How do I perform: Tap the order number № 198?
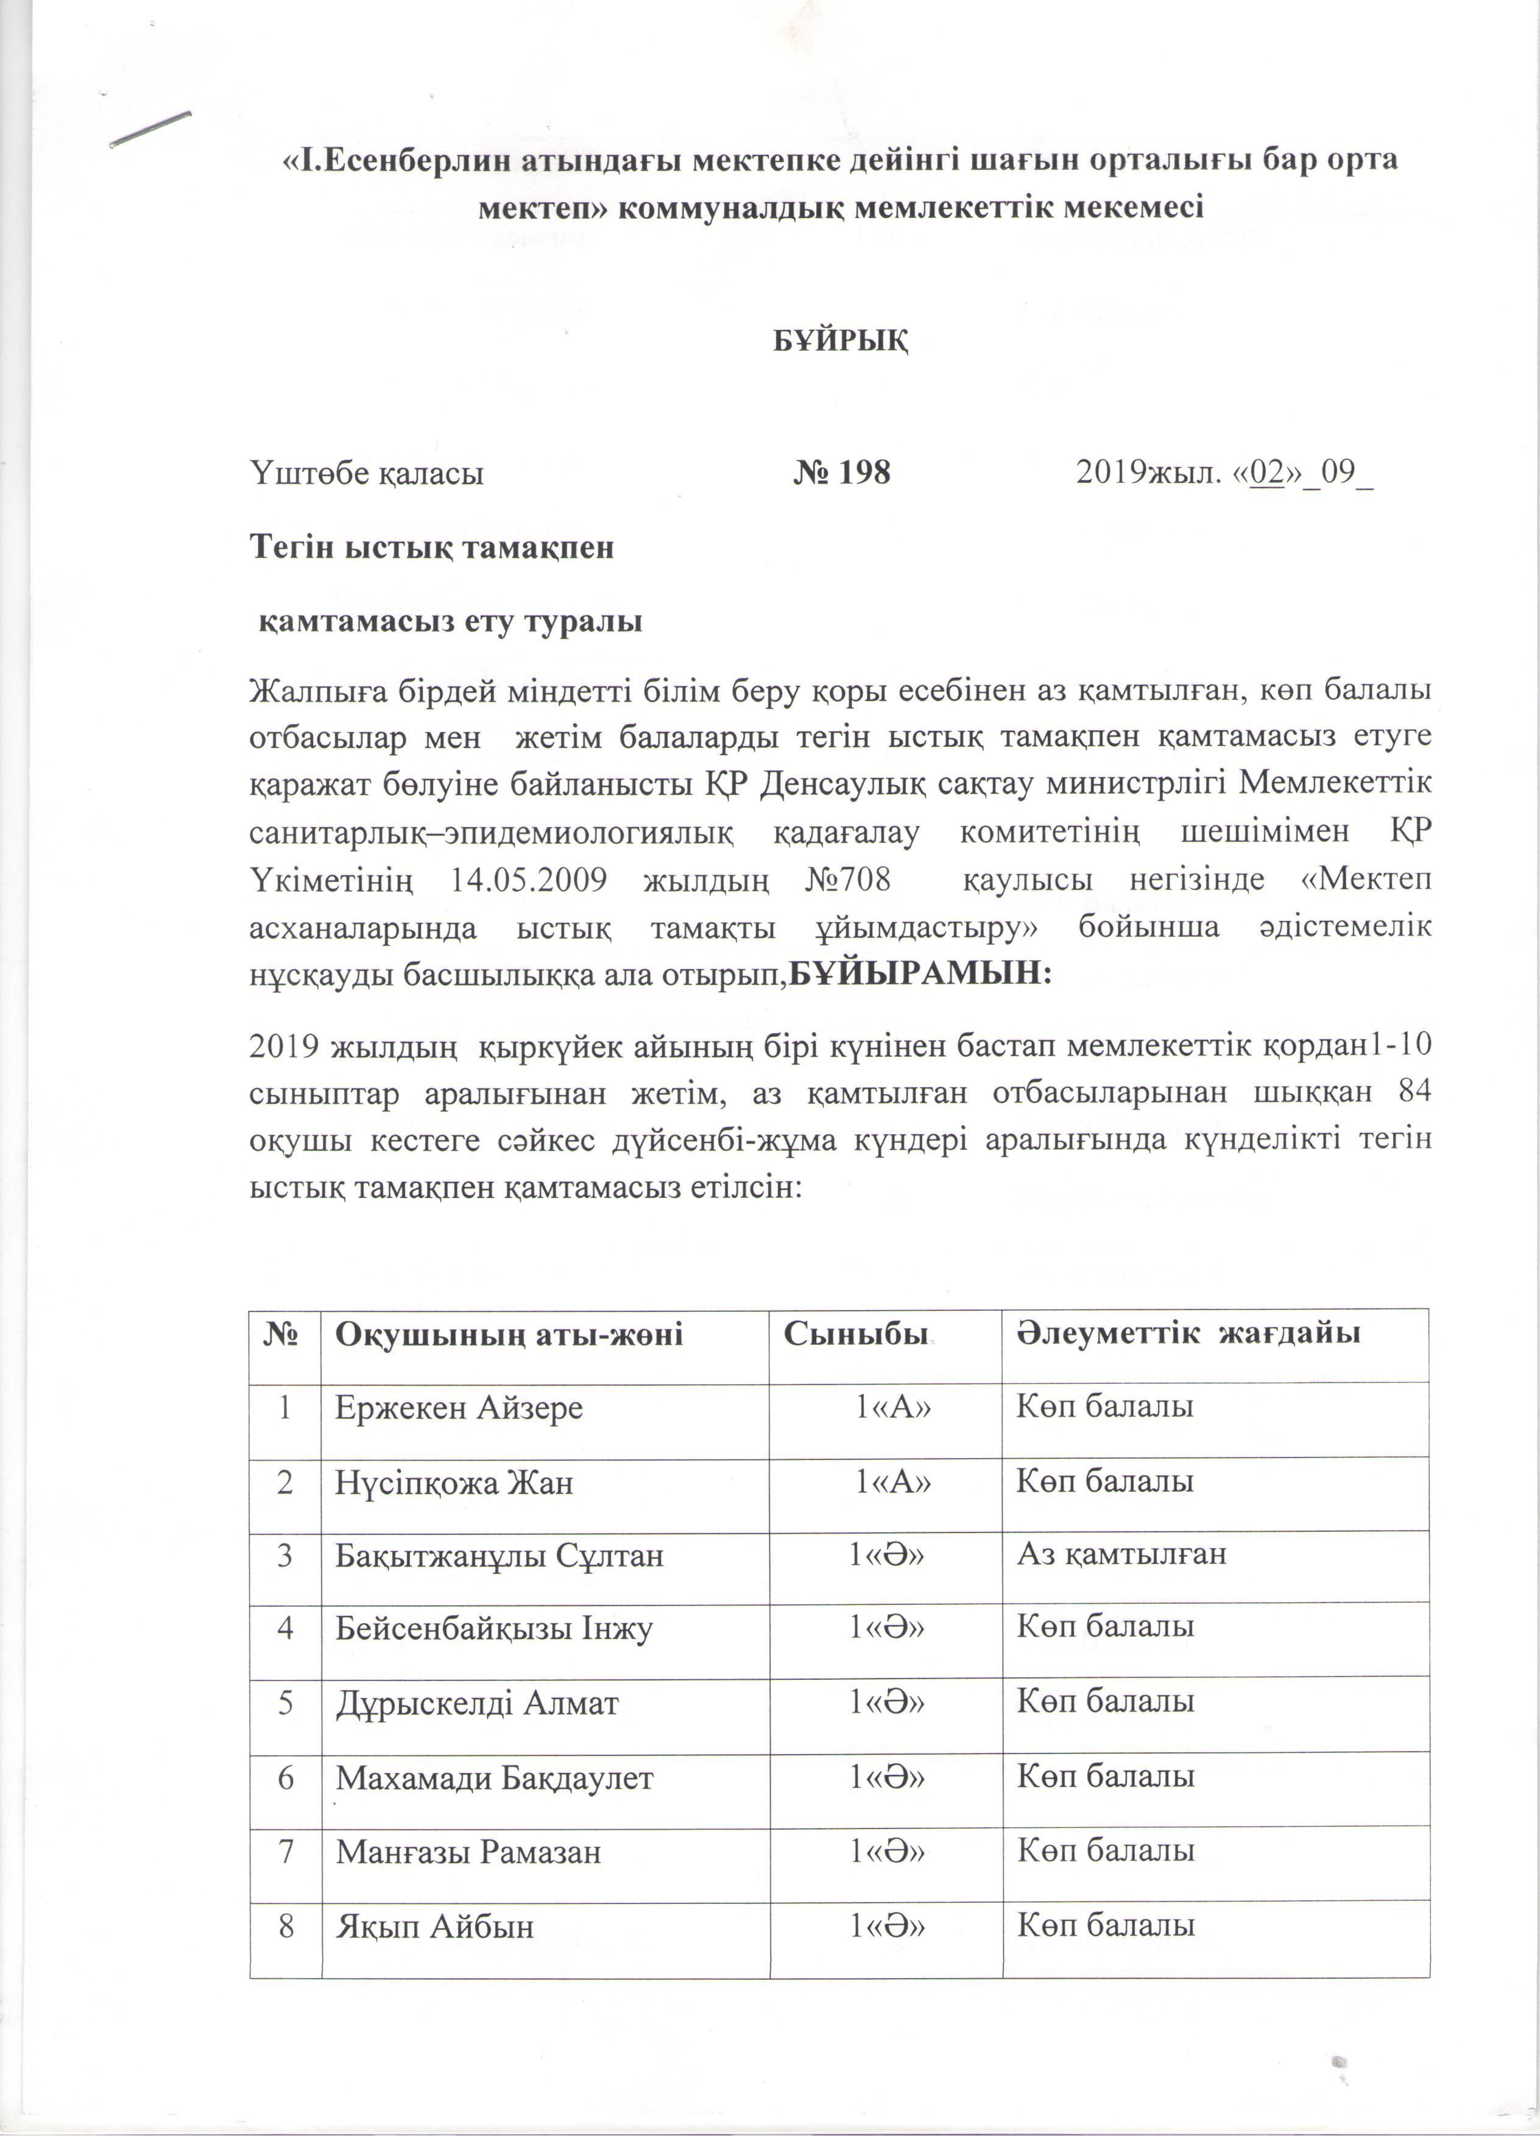841,473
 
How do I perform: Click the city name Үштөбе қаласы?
366,473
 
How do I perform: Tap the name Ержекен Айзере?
460,1408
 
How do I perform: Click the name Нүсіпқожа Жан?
454,1483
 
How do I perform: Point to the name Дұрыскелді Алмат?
478,1703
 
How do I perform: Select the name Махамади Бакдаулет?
495,1777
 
